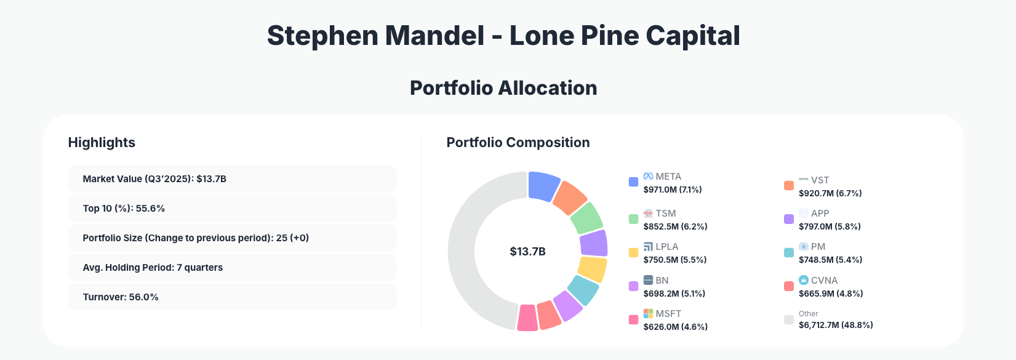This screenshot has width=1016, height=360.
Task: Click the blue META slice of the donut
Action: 543,185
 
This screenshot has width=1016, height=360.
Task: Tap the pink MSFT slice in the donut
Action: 527,318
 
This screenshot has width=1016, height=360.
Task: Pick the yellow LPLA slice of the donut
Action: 592,269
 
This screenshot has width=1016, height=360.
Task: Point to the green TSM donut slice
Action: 586,217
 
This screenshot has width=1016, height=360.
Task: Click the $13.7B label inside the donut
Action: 527,252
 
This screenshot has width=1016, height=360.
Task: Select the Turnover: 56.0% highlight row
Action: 231,297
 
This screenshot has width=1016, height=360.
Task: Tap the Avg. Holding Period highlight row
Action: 231,268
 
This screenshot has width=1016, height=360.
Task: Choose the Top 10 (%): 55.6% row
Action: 231,209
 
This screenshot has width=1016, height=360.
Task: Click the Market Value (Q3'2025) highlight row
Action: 231,179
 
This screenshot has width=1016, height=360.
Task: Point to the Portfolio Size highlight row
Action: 231,238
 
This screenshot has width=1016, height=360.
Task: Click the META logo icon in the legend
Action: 648,177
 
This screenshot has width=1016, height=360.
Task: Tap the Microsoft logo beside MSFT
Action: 648,314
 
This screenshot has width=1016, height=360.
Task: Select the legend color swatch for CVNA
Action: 788,286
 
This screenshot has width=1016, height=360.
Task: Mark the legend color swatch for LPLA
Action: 633,252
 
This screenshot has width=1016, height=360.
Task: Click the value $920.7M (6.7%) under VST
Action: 830,193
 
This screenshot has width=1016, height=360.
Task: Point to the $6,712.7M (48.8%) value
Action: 836,325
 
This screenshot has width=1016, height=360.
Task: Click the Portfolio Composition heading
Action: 518,143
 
